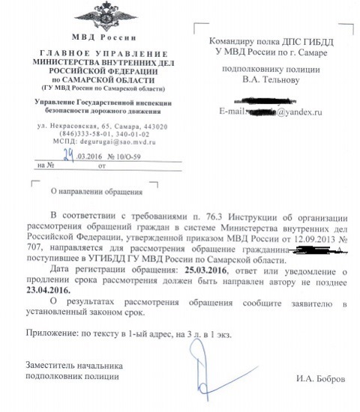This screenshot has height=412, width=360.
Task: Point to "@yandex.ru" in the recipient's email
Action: (x=295, y=112)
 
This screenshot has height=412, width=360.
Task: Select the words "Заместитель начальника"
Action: (x=72, y=365)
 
